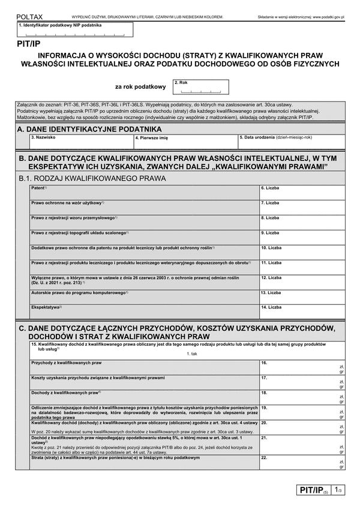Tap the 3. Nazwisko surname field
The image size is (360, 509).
pyautogui.click(x=82, y=142)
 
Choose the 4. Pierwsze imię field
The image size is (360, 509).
pyautogui.click(x=186, y=142)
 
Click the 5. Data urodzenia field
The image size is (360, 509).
pyautogui.click(x=292, y=142)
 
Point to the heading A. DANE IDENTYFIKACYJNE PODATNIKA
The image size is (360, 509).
pyautogui.click(x=90, y=128)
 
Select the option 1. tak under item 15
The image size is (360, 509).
pyautogui.click(x=192, y=354)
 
